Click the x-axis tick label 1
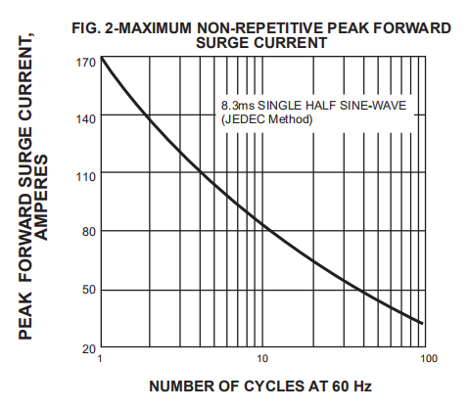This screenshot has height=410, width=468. point(101,360)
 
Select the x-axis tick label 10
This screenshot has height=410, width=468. point(262,360)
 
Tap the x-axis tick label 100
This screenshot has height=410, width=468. point(426,360)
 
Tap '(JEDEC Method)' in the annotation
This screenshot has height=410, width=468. point(267,119)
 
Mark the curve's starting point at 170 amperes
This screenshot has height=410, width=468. point(101,60)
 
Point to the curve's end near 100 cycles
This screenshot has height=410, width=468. point(422,323)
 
